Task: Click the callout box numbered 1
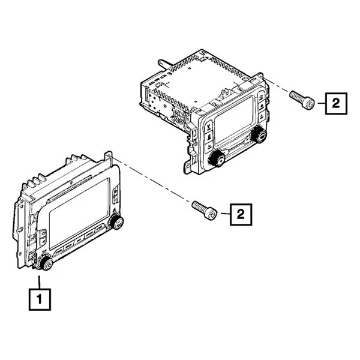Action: (x=40, y=299)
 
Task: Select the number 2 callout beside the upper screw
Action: (x=336, y=103)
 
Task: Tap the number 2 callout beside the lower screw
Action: (x=241, y=214)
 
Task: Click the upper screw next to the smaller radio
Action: (x=302, y=100)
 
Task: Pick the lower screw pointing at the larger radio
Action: (x=205, y=211)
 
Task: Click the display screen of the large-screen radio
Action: (x=79, y=214)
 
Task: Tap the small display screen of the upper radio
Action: (x=233, y=120)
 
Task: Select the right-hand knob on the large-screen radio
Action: (x=116, y=222)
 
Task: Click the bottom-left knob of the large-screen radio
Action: (x=46, y=263)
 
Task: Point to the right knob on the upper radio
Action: (x=259, y=134)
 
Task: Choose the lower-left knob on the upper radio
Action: (x=216, y=158)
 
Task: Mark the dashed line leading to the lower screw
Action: (x=152, y=179)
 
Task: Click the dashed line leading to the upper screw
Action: (x=277, y=85)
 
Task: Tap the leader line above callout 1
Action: (x=39, y=282)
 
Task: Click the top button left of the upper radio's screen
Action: (x=209, y=125)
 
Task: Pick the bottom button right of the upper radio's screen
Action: (x=262, y=118)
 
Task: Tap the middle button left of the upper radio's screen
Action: (x=209, y=137)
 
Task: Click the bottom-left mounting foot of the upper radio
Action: (x=188, y=167)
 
